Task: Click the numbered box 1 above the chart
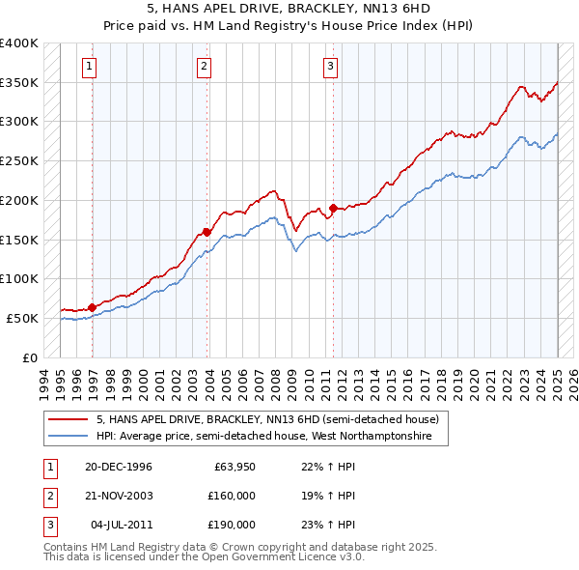point(89,67)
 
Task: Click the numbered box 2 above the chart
point(205,67)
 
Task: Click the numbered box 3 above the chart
point(330,67)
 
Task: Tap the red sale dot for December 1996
point(92,307)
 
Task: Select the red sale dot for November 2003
point(207,232)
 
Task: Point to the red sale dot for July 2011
point(333,208)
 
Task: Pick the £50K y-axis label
point(23,318)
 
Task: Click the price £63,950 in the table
point(234,467)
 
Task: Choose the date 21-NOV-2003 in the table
point(119,496)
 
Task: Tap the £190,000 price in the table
point(232,525)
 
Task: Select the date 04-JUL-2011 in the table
point(121,525)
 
